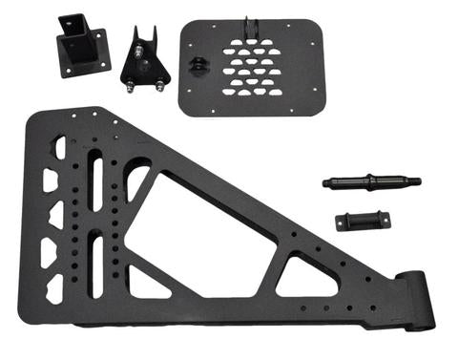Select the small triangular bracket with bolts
coord(145,61)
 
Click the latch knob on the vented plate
coord(198,65)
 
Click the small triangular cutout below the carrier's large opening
coord(148,282)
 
